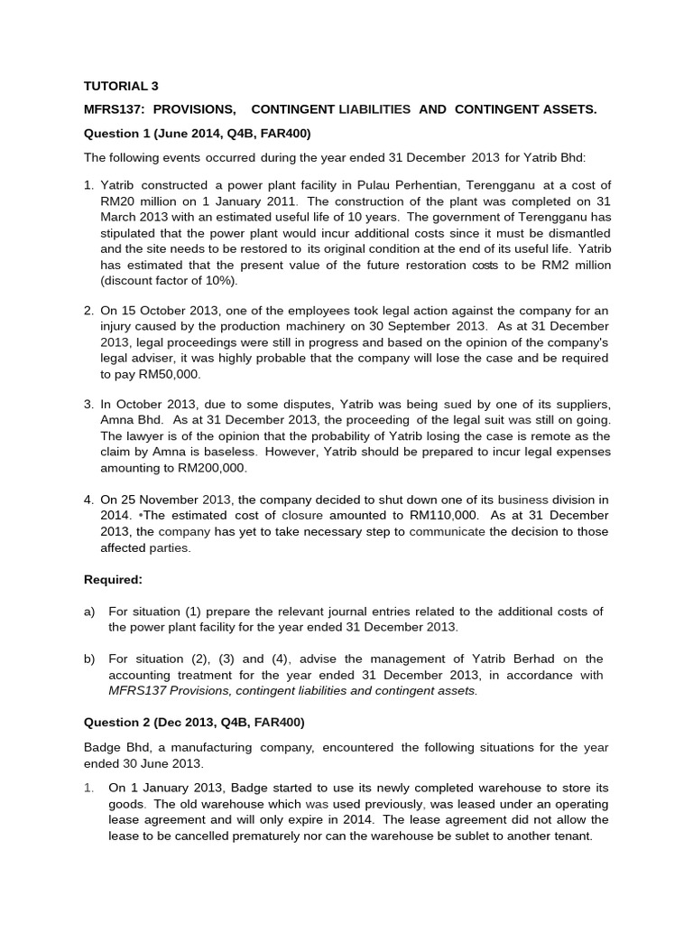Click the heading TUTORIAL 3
click(121, 86)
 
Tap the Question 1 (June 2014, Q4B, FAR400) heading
click(197, 133)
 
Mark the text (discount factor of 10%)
click(168, 281)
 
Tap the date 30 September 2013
click(430, 326)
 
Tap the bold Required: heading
click(113, 579)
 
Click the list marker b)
click(90, 659)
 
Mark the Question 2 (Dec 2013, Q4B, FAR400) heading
click(194, 723)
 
